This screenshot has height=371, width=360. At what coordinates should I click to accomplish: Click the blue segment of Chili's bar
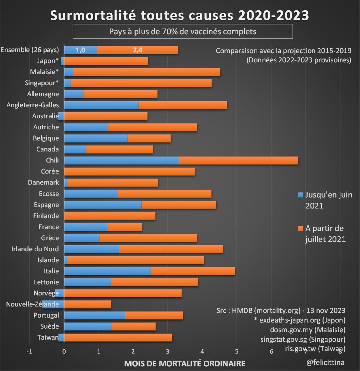tap(121, 160)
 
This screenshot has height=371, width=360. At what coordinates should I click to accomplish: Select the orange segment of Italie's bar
tap(193, 271)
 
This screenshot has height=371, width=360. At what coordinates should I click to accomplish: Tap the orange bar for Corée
tap(130, 171)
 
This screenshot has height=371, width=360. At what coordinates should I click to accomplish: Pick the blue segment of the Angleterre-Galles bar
tap(101, 105)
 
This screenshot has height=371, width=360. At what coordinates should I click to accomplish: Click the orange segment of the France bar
tap(124, 227)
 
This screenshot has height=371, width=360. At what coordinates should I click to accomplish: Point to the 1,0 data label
tap(81, 50)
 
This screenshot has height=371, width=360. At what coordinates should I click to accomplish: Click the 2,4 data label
tap(137, 50)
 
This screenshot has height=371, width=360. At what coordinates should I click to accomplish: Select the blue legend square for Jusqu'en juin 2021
tap(300, 195)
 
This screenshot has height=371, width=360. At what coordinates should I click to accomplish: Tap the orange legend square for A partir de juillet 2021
tap(300, 228)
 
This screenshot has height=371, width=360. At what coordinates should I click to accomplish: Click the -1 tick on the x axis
tap(30, 352)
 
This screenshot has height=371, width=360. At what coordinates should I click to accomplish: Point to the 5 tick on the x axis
tap(237, 352)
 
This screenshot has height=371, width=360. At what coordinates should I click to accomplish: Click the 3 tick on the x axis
tap(168, 352)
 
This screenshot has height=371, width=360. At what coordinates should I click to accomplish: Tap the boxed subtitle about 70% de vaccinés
tap(183, 31)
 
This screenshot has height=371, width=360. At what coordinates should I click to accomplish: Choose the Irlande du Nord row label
tap(35, 249)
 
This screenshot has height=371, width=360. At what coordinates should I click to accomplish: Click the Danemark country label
tap(43, 182)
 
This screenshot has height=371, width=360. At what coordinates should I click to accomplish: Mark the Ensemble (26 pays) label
tap(30, 50)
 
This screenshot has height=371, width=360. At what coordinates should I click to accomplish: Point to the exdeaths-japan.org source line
tap(302, 320)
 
